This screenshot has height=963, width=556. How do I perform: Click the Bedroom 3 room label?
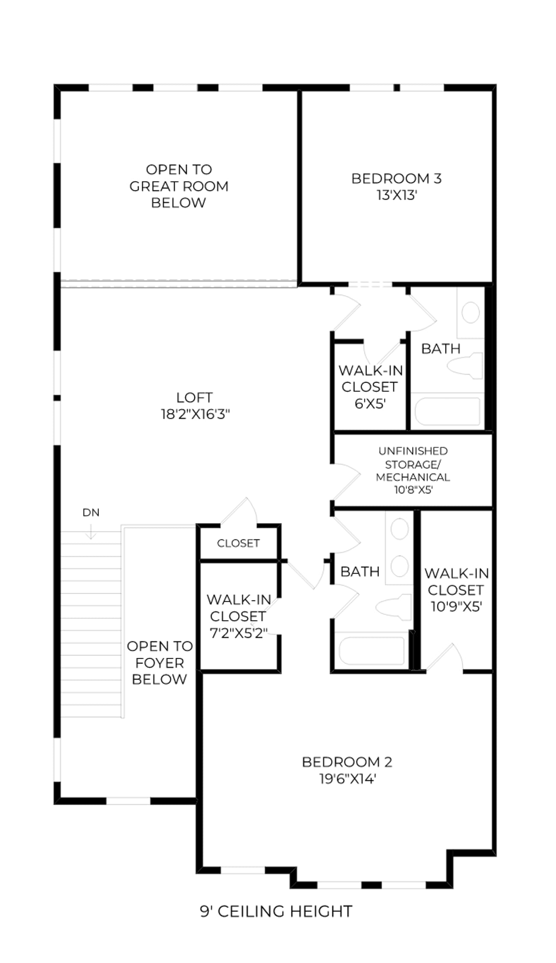pos(396,178)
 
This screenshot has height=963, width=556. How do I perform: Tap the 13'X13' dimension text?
pos(397,195)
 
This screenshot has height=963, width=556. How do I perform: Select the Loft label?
pos(194,398)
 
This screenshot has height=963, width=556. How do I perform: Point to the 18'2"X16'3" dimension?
pos(195,414)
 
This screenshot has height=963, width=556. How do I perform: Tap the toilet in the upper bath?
pos(465,366)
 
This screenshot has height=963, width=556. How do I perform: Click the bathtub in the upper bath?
pos(447,411)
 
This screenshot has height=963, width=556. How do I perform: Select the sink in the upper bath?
pos(471,312)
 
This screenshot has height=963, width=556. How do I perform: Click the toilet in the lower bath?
pos(394,607)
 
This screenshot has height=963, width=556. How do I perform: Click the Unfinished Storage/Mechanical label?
pos(413,464)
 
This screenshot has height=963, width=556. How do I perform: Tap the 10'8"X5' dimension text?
pos(413,490)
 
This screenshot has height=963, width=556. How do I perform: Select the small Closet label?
pos(238,543)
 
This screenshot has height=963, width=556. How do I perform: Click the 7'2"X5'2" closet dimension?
pos(238,633)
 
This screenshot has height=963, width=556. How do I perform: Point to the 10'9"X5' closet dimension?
pos(456,606)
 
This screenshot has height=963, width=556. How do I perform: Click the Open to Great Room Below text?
pos(179,186)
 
